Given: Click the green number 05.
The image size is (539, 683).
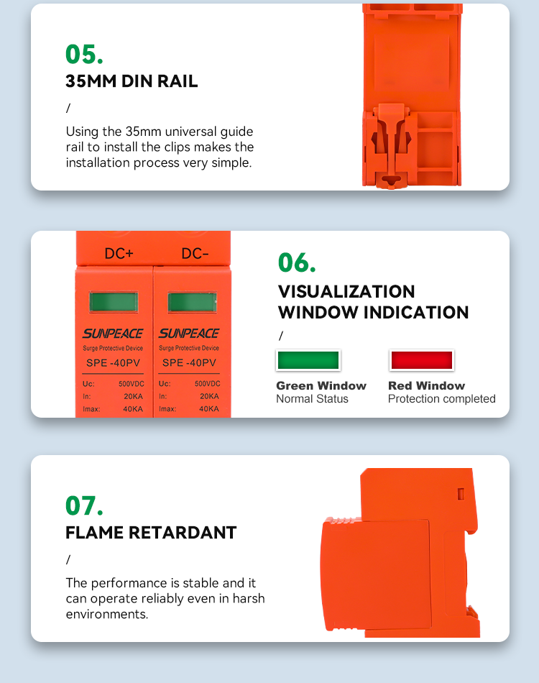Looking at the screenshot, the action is (x=84, y=55).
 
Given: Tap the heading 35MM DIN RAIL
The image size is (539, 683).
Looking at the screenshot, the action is (x=132, y=81).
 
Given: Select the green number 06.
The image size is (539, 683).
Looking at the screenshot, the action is (x=297, y=262).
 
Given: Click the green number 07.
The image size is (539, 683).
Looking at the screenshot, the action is (x=84, y=505).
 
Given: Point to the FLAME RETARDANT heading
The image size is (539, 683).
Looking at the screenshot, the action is (x=151, y=532).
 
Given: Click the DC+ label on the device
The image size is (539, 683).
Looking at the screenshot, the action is (x=119, y=253).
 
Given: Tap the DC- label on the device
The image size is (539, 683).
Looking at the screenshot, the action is (x=195, y=253).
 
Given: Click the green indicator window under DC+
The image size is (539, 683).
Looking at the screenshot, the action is (x=114, y=302).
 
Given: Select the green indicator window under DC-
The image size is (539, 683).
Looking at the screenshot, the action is (x=192, y=302).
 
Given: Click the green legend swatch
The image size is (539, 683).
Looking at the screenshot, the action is (x=308, y=360).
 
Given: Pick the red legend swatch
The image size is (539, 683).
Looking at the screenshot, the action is (x=421, y=360).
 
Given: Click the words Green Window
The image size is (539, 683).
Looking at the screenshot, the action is (x=321, y=385).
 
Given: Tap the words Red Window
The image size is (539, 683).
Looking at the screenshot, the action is (x=427, y=385).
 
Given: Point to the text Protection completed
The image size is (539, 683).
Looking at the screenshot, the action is (x=441, y=398).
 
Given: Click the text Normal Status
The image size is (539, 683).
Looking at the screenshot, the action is (x=312, y=398).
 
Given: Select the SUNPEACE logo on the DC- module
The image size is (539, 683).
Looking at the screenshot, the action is (x=189, y=333).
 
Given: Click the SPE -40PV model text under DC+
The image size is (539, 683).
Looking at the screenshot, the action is (x=114, y=362).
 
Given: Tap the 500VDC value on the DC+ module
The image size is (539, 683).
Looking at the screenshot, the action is (x=131, y=384).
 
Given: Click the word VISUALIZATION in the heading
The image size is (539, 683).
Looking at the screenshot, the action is (x=346, y=291).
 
